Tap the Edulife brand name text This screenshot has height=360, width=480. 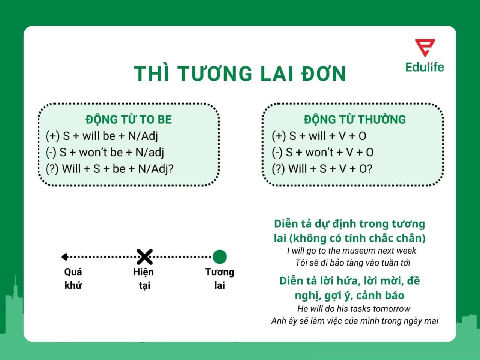coord(424,67)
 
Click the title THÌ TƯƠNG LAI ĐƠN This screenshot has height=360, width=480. coord(240,73)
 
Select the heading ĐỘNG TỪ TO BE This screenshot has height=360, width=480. coord(129,120)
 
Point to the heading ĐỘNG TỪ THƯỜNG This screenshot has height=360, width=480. coord(355,120)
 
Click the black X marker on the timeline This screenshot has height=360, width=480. coord(144,257)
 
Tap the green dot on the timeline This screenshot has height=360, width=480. coord(220,257)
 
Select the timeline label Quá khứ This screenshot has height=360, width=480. coord(73,278)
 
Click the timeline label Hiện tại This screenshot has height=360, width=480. coord(144,278)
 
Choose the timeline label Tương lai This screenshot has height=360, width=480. coord(220,278)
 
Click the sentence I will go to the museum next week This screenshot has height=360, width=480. coord(351,250)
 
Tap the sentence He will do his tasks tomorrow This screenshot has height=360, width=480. coord(354,309)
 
